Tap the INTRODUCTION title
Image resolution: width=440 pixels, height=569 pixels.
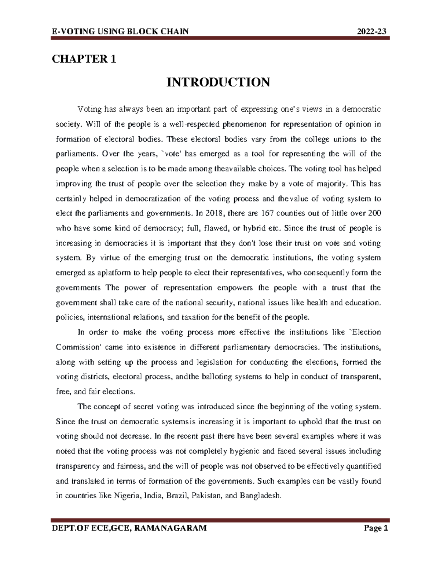click(218, 82)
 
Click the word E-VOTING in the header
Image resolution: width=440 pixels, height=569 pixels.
click(69, 31)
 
